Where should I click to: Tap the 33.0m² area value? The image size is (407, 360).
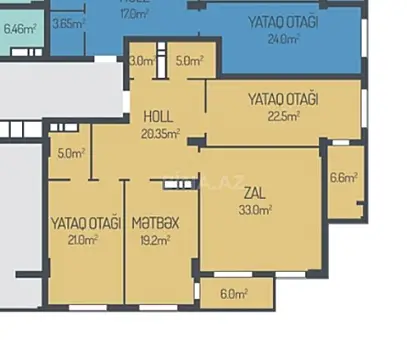[257, 210]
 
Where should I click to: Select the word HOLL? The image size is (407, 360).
[159, 116]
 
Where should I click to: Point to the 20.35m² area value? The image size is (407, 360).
[160, 132]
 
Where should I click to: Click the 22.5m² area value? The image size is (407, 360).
[284, 114]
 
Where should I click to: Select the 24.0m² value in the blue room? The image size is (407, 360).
[283, 40]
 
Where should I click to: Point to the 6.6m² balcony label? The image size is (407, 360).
[343, 178]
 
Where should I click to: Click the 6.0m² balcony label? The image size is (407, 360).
[233, 294]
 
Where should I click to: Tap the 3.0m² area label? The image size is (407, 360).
[142, 61]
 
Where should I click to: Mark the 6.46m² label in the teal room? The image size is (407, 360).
[20, 29]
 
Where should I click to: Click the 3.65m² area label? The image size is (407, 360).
[67, 23]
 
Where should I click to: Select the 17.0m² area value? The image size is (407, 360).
[133, 15]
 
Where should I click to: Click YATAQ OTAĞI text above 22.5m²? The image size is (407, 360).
[283, 99]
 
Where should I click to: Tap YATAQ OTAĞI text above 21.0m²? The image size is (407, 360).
[85, 223]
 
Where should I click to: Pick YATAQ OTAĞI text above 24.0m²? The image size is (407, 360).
[283, 23]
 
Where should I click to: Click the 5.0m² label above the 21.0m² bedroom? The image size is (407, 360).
[71, 154]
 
